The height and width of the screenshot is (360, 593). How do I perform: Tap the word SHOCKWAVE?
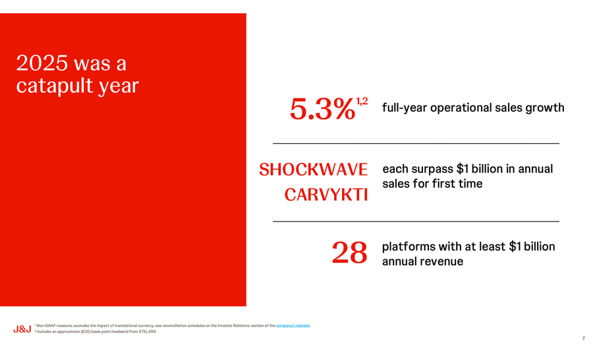click(313, 170)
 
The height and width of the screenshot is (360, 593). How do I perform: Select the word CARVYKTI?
click(325, 195)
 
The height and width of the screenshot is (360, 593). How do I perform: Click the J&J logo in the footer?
click(22, 328)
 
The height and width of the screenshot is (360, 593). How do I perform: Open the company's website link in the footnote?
click(293, 326)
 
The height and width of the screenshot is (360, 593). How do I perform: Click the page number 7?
click(583, 339)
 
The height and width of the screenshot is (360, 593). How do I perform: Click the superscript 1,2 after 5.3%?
click(362, 101)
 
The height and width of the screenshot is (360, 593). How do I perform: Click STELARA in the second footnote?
click(148, 332)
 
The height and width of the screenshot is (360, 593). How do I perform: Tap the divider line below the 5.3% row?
click(416, 143)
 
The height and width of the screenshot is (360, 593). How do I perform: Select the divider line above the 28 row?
click(416, 221)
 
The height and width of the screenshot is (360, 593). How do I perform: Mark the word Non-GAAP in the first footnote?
click(46, 326)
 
